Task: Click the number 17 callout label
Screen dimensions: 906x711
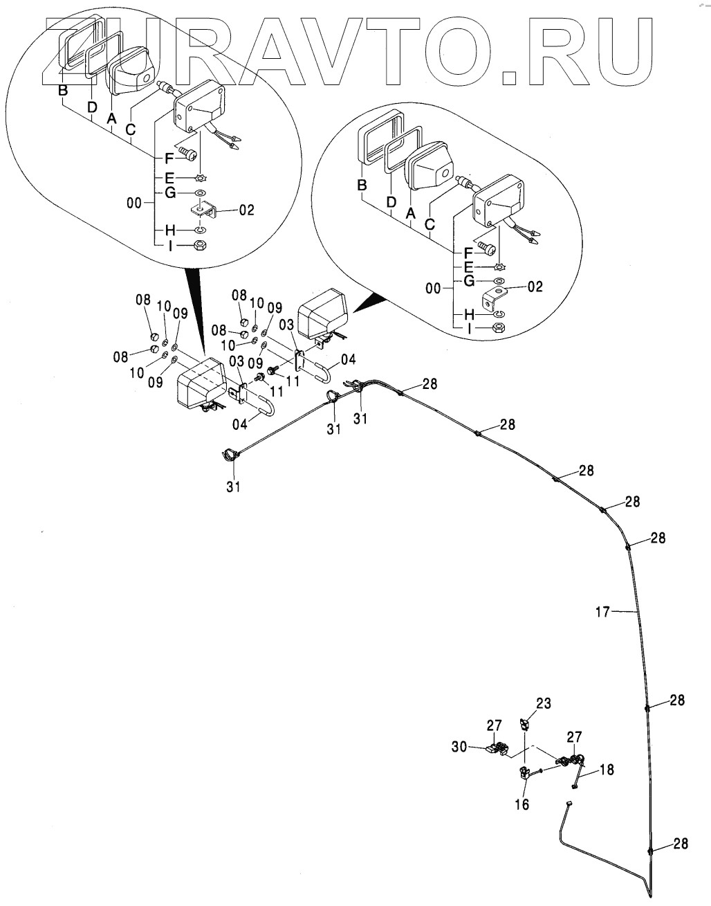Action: tap(602, 611)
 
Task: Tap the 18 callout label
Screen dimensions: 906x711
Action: tap(606, 769)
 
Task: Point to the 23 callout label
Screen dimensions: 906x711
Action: tap(544, 704)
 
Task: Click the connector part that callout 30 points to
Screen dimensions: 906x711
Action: tap(496, 748)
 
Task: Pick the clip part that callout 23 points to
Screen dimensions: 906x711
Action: tap(525, 723)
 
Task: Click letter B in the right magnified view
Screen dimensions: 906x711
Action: tap(360, 185)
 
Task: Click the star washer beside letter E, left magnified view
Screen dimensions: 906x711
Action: tap(201, 178)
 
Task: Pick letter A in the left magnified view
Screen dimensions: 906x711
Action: tap(111, 118)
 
